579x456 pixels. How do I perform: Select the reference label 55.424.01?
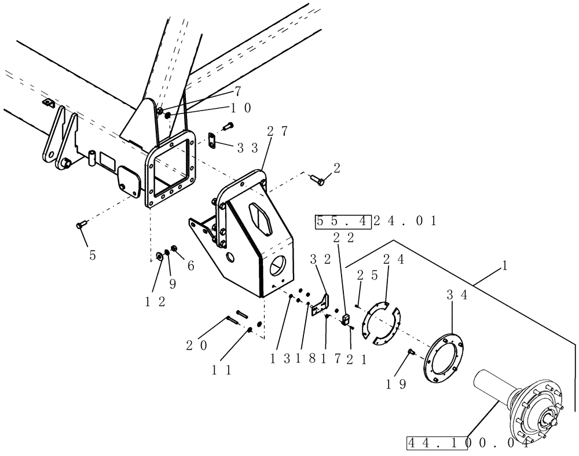tap(376, 221)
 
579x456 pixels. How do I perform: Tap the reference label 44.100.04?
tap(467, 444)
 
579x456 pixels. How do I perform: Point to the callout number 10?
tap(241, 107)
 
